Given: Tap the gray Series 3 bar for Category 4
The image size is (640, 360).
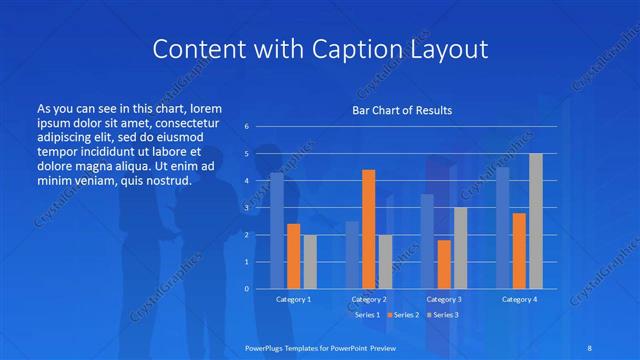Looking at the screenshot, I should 535,221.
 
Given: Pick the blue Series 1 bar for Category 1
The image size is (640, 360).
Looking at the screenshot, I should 277,231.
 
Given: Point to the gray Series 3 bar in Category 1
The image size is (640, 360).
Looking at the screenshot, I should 310,261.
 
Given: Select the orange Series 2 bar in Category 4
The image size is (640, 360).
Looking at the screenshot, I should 519,250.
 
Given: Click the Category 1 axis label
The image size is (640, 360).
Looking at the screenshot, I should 293,299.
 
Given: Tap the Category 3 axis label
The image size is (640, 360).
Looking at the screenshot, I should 444,299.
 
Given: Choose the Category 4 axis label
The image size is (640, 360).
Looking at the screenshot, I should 519,299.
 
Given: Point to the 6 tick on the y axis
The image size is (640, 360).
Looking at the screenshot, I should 247,127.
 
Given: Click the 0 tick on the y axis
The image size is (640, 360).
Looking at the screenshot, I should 247,289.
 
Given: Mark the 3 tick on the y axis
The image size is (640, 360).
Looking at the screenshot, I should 247,208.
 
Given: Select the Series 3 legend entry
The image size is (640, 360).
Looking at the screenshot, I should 443,315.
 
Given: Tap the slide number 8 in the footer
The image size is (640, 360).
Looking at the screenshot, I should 590,345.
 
